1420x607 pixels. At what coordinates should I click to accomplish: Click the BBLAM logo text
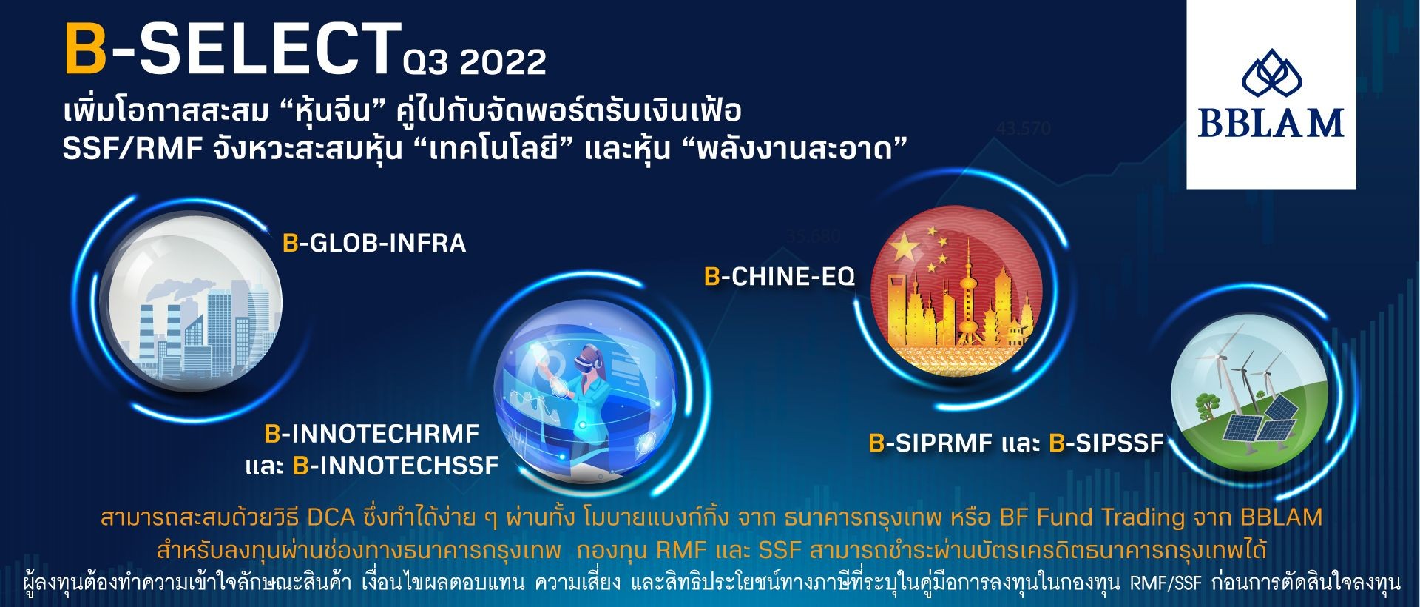coord(1271,123)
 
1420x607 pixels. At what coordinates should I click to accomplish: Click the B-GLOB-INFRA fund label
coord(374,243)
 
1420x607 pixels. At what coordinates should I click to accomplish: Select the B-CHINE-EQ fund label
coord(780,276)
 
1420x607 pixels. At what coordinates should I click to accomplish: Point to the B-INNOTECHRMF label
coord(372,433)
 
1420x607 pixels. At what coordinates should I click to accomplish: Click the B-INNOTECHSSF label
coord(396,466)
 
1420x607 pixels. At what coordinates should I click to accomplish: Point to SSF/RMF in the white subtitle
coord(132,149)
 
